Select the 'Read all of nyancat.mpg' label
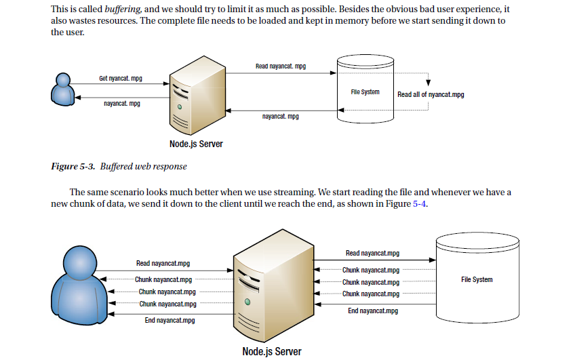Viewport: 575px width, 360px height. click(431, 94)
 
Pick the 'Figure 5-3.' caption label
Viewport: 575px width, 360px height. click(73, 166)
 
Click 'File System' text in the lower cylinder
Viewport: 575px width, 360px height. click(476, 279)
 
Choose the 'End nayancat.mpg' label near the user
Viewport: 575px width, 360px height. click(170, 320)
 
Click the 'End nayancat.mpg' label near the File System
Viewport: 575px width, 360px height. click(372, 311)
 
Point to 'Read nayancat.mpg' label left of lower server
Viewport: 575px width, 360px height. click(163, 263)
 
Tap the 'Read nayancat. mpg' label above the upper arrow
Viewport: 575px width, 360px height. click(280, 66)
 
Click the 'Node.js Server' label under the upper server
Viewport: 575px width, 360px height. click(196, 144)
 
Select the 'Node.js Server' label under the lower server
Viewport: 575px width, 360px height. click(271, 351)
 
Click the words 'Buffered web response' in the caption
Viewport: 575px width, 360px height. click(143, 166)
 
